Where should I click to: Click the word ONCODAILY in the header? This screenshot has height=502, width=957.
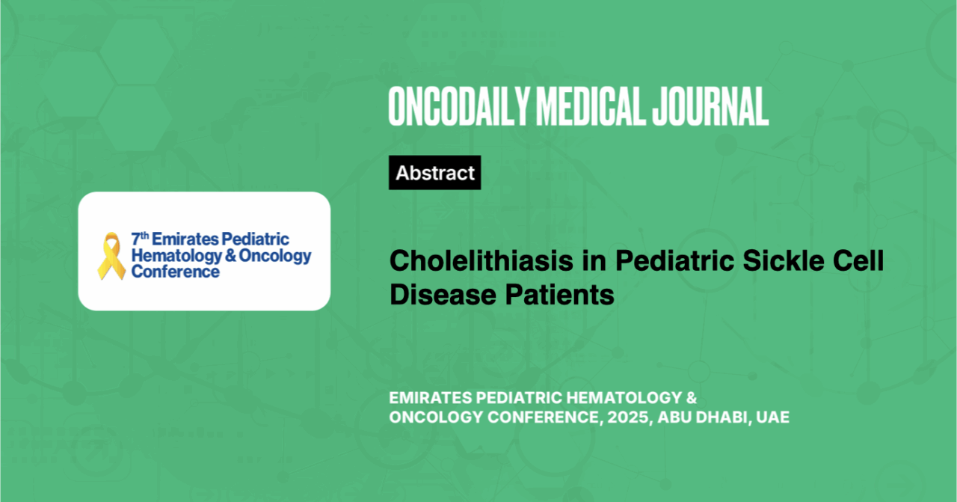click(x=459, y=106)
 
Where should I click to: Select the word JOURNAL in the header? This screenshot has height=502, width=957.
click(x=710, y=106)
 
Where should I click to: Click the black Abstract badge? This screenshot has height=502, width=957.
click(x=435, y=173)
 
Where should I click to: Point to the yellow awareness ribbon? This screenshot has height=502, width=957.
click(x=111, y=256)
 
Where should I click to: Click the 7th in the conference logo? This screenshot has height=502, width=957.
click(x=140, y=239)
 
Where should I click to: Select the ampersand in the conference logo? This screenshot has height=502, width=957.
click(x=230, y=255)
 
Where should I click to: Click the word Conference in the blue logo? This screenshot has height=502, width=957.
click(x=175, y=272)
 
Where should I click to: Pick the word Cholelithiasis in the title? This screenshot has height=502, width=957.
click(x=481, y=260)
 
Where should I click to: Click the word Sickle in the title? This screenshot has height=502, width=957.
click(x=783, y=260)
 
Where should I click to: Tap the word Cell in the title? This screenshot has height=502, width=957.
click(x=858, y=260)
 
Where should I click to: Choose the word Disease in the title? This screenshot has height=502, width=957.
click(x=443, y=295)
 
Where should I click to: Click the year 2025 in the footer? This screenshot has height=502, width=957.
click(x=627, y=417)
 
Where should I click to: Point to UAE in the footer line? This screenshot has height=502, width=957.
click(x=773, y=417)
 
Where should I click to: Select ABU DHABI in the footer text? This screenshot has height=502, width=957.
click(x=702, y=417)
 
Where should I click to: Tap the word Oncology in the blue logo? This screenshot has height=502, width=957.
click(x=275, y=256)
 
